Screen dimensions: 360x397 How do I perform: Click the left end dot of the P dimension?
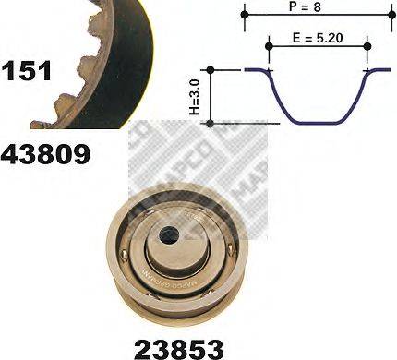(x=246, y=14)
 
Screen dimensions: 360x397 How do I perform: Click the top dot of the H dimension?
(x=212, y=70)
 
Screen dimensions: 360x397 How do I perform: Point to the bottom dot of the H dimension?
(x=212, y=123)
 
